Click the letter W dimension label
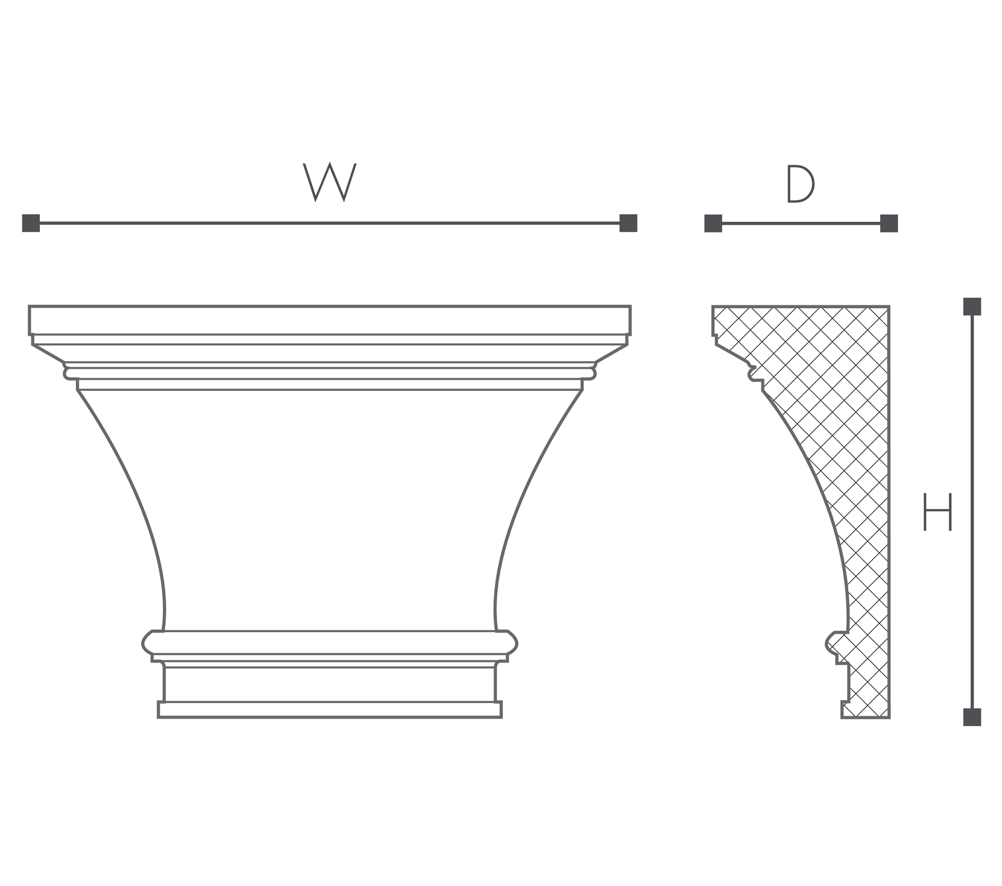(x=330, y=182)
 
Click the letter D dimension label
(x=800, y=184)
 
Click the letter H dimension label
(x=937, y=511)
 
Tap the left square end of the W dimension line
(x=31, y=223)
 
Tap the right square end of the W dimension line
(x=628, y=223)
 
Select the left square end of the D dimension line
(x=713, y=224)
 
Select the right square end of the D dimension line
(x=889, y=224)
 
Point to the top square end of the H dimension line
(x=972, y=306)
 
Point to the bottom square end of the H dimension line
(x=972, y=717)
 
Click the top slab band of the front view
(x=330, y=320)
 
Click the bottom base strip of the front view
(x=330, y=709)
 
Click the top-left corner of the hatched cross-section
(x=712, y=306)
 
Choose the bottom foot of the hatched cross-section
(x=865, y=709)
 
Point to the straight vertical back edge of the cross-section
(x=889, y=512)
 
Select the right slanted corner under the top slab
(x=611, y=353)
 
